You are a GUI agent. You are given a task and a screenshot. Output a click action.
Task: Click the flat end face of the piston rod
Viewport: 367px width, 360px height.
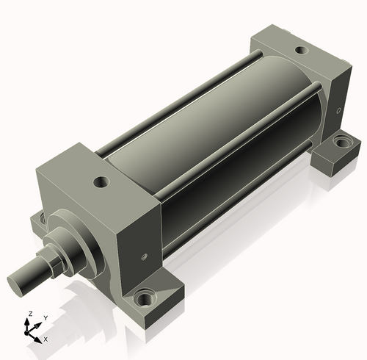15,285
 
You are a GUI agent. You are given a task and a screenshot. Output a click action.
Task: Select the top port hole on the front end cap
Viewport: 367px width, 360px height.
101,182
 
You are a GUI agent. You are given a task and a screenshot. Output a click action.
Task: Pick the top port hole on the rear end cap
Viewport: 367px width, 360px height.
302,50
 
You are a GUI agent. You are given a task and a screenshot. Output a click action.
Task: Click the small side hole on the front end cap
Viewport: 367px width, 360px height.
144,257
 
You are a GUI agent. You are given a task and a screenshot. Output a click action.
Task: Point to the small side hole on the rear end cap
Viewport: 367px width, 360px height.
338,111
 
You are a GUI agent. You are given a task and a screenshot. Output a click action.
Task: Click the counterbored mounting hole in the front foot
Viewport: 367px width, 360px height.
145,298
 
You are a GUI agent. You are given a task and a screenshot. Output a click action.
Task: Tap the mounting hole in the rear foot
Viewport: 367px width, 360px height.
343,142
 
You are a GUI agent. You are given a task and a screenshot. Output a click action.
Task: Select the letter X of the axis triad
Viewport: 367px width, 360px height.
46,339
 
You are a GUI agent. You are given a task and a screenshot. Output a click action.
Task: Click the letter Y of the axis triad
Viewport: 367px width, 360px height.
46,318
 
